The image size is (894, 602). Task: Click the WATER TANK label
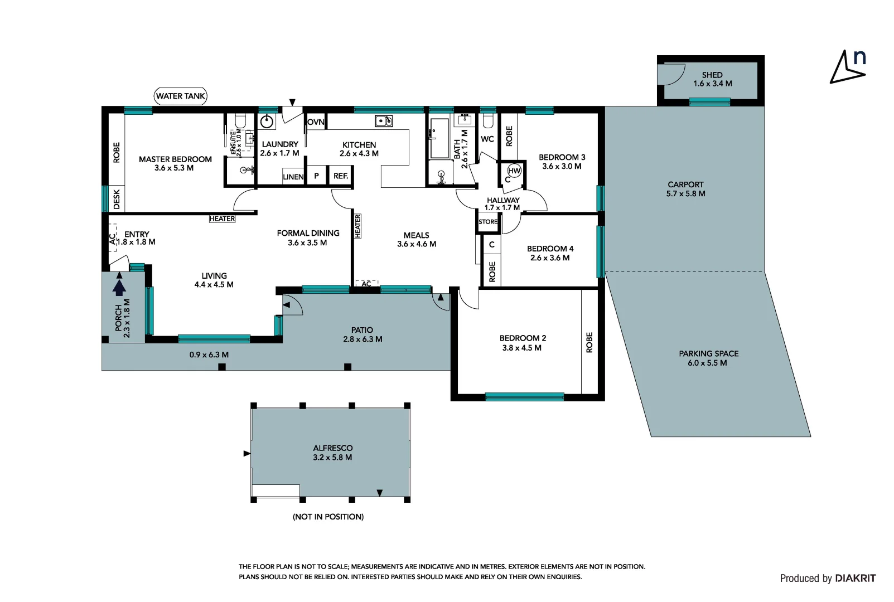coord(180,96)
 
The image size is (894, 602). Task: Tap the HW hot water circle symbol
coord(514,171)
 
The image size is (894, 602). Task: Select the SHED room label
coord(712,75)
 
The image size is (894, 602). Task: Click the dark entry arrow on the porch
coord(119,287)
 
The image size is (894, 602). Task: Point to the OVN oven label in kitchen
coord(316,122)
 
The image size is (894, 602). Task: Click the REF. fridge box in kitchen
coord(341,176)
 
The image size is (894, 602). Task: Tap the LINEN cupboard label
coord(293,177)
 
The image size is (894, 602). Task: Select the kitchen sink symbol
coord(383,121)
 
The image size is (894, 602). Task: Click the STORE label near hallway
coord(488,222)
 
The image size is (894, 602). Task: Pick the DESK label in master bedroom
coord(117,199)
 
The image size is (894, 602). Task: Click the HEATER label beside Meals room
coord(357,226)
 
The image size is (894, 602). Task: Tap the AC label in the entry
coord(112,239)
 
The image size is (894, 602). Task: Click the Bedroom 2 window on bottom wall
coord(524,397)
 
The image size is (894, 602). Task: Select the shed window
coord(709,101)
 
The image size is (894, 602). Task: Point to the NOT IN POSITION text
coord(328,517)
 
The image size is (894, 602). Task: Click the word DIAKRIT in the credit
coord(855,579)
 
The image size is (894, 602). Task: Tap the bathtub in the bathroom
coord(439,138)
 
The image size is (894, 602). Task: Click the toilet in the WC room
coord(487,121)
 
